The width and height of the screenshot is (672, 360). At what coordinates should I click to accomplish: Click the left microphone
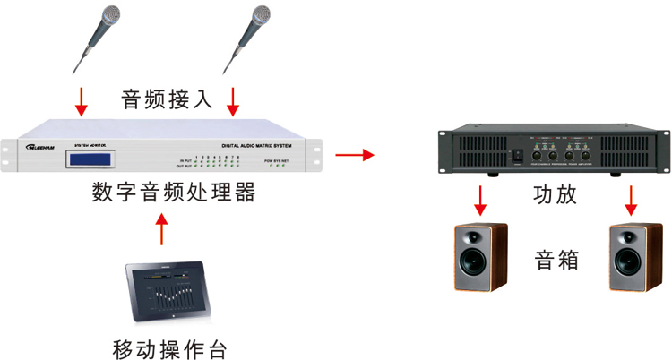click(98, 36)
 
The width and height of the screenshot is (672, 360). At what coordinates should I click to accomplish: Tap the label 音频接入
click(168, 98)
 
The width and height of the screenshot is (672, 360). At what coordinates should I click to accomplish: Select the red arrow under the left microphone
click(82, 101)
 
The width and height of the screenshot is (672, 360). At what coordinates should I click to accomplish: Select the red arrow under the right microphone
click(234, 101)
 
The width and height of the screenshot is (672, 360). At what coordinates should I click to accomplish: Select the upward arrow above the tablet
click(161, 228)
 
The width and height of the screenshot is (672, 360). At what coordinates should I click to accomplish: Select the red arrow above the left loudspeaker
click(481, 199)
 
